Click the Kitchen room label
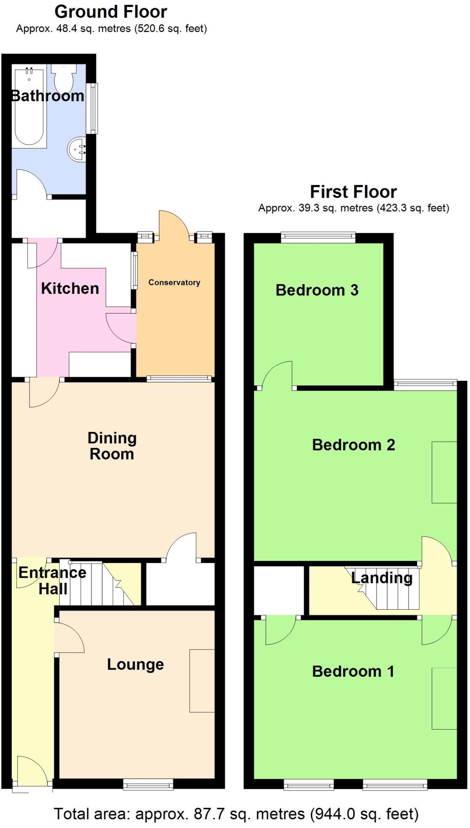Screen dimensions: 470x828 (70, 288)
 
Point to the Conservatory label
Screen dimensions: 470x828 (174, 282)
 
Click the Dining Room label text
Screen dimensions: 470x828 (112, 446)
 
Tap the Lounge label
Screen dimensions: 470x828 (135, 664)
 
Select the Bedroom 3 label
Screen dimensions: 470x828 (317, 290)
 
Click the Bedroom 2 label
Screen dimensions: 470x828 (353, 445)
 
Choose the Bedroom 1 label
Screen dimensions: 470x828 (353, 671)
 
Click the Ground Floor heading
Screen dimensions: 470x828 (111, 12)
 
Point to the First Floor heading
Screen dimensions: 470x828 (353, 191)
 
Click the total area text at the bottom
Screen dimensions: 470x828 (236, 814)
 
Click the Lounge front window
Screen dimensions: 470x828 (148, 784)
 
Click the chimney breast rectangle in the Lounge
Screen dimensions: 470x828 (202, 680)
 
